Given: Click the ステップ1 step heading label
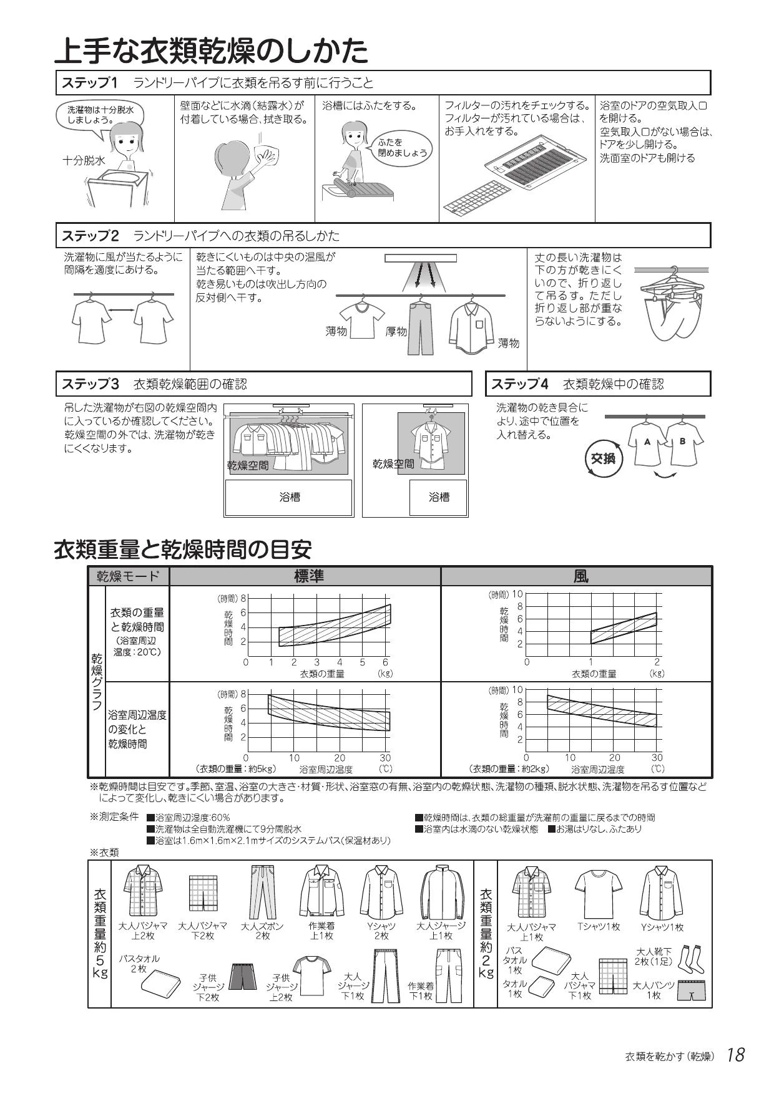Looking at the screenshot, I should (x=89, y=83).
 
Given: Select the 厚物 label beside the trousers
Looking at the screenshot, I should (x=396, y=332).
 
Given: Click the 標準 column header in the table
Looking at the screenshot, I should (x=308, y=576).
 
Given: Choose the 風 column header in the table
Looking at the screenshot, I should (x=580, y=576).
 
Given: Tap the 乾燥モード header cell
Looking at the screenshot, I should (x=128, y=576).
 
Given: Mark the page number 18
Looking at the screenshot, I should (x=735, y=1055).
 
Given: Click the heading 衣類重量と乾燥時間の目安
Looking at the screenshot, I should (x=183, y=549).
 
